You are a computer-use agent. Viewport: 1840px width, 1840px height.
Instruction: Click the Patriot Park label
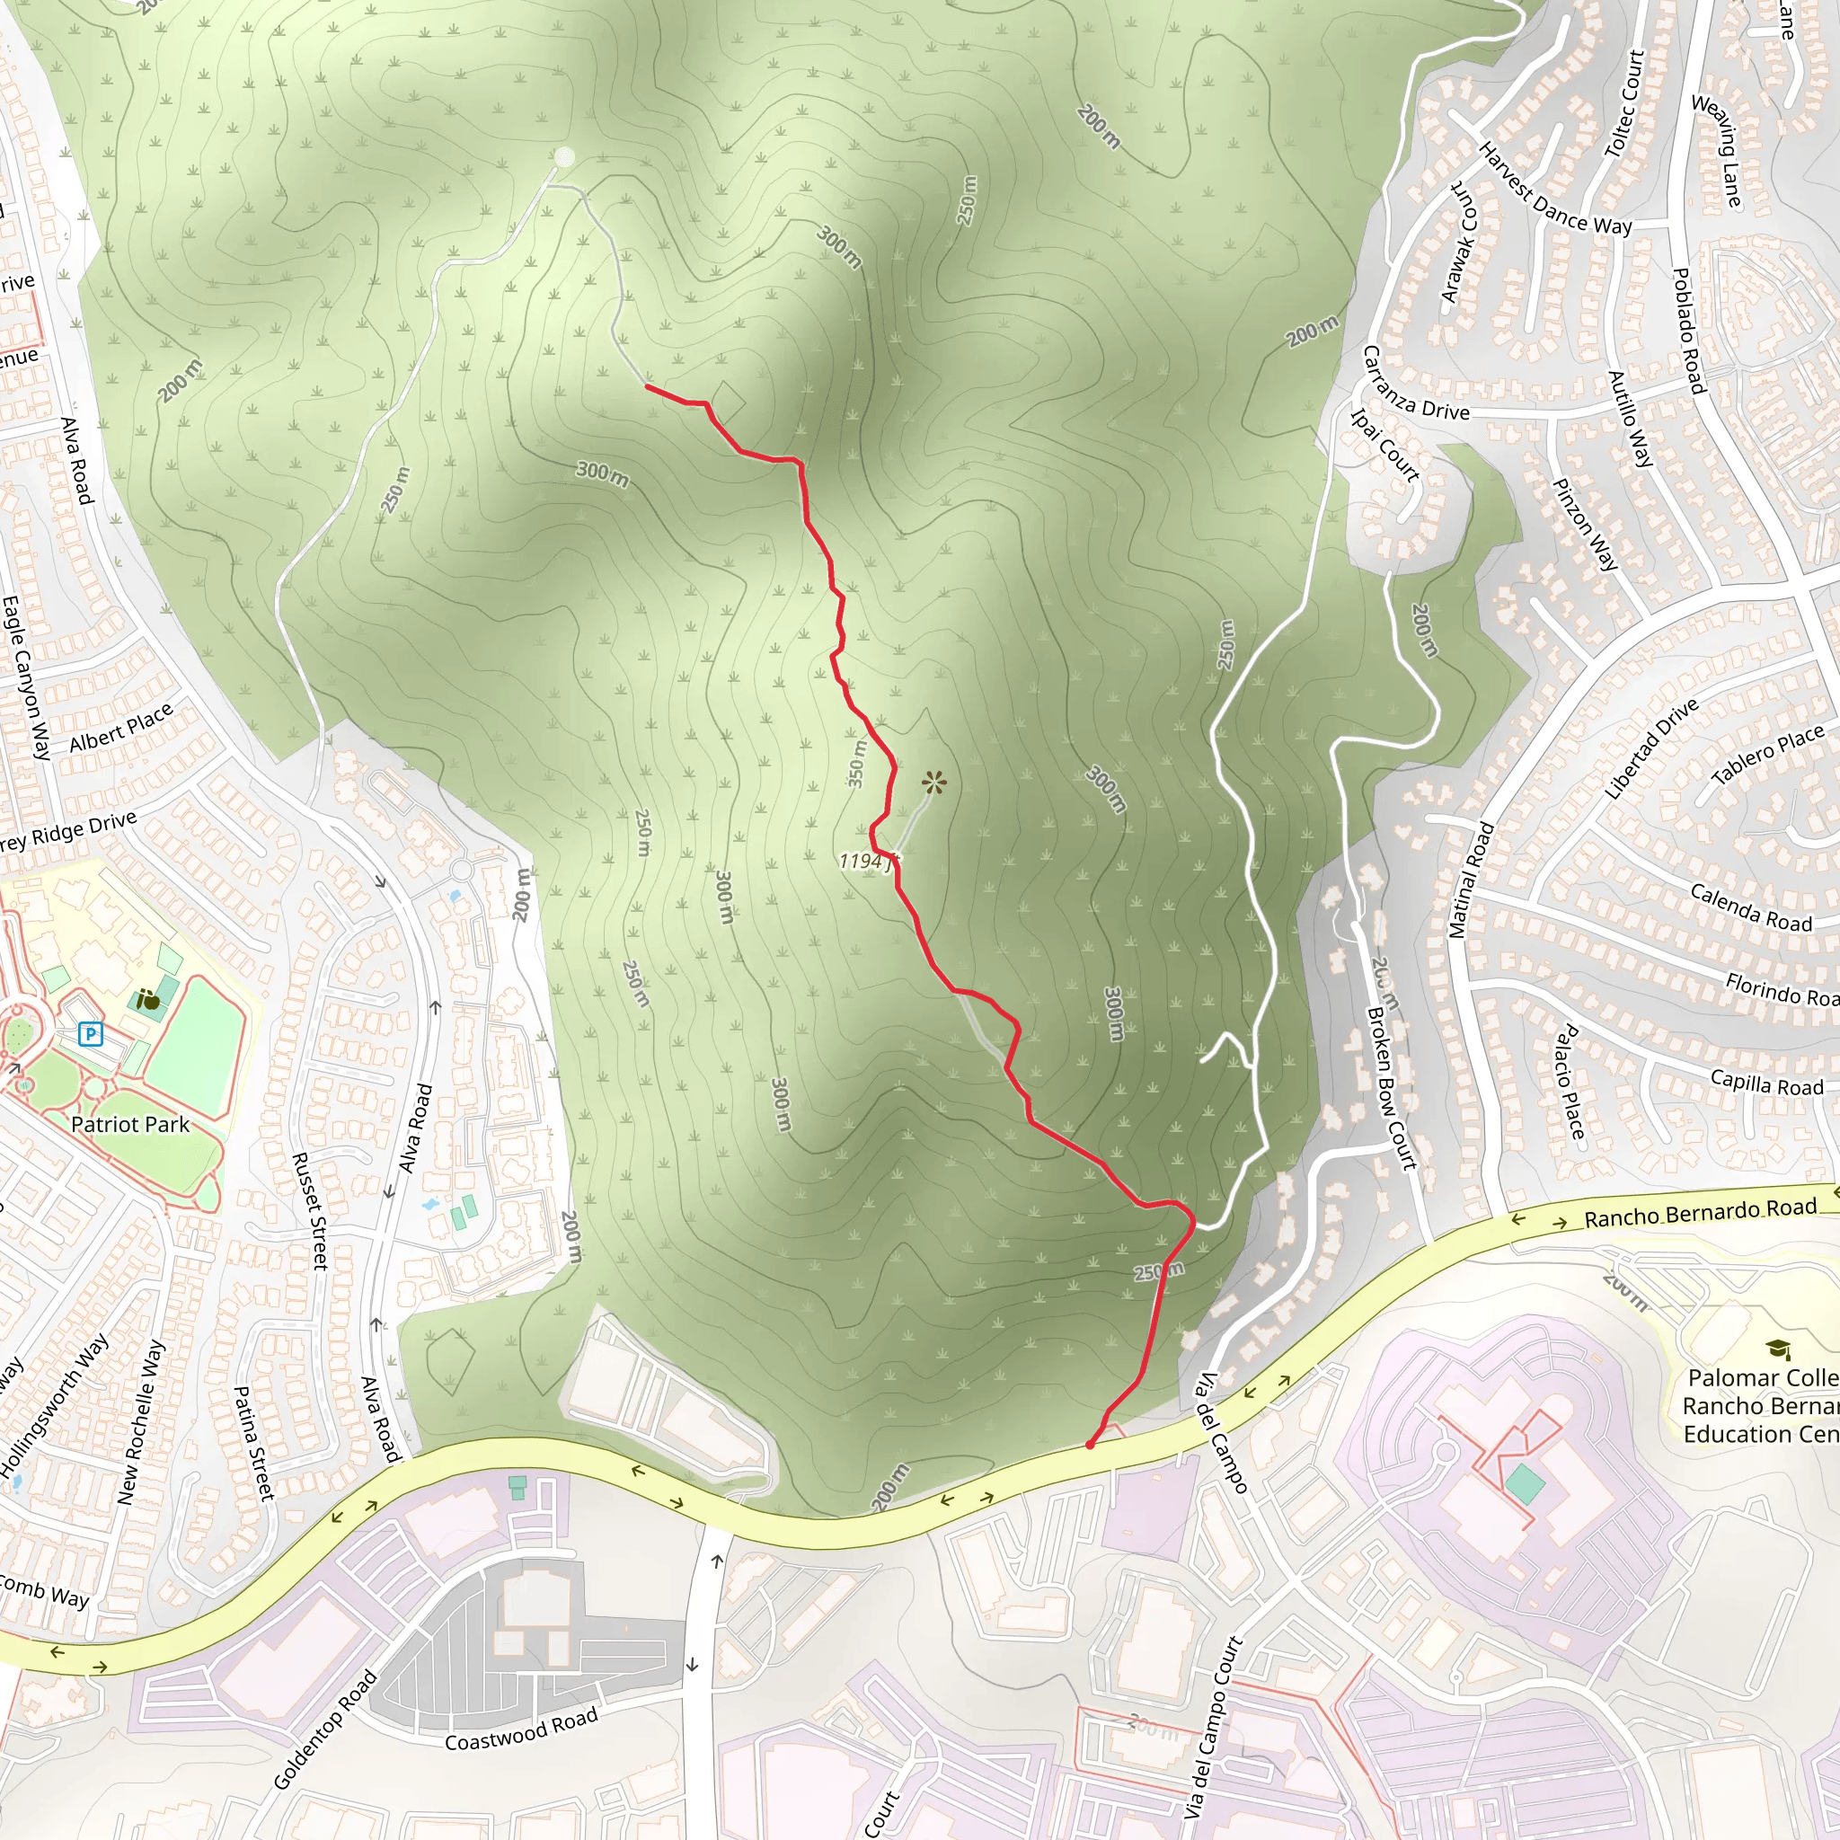130,1125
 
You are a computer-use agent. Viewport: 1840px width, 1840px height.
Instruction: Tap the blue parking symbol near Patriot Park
91,1033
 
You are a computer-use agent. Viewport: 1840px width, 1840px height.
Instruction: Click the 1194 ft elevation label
868,862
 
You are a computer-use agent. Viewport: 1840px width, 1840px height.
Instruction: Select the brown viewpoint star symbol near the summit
934,783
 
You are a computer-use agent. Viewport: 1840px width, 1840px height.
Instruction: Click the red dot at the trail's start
1090,1445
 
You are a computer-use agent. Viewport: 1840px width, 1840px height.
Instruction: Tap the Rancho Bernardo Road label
1700,1212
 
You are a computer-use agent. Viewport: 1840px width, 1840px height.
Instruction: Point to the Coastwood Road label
521,1729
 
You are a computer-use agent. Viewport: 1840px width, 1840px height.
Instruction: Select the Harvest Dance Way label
1554,190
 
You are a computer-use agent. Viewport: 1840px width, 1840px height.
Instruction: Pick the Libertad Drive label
1651,748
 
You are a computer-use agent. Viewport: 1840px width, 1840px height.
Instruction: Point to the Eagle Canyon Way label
27,677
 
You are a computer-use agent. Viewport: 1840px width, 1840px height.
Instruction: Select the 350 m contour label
857,764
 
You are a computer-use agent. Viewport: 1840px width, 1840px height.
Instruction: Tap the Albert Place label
121,727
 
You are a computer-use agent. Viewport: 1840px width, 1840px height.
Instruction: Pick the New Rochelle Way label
140,1423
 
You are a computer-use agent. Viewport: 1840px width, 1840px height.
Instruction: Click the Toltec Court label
1623,104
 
